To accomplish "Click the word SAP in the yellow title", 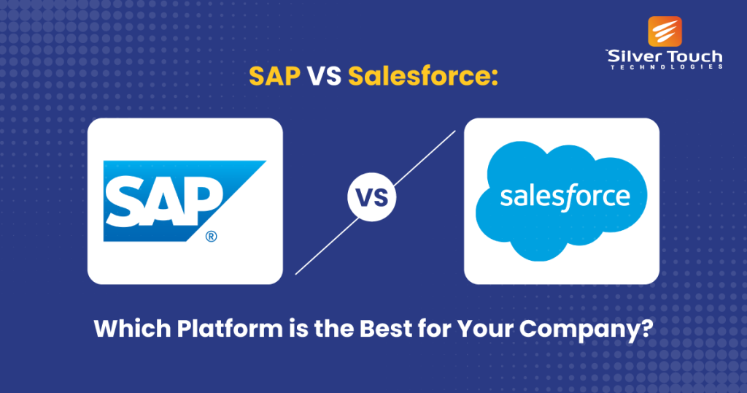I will [x=274, y=75].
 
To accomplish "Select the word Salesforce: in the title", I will [x=422, y=75].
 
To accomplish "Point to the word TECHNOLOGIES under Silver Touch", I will [x=665, y=66].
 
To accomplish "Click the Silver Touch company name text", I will [x=665, y=56].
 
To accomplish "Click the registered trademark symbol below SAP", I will [x=211, y=236].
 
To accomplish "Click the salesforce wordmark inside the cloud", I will [x=564, y=197].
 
